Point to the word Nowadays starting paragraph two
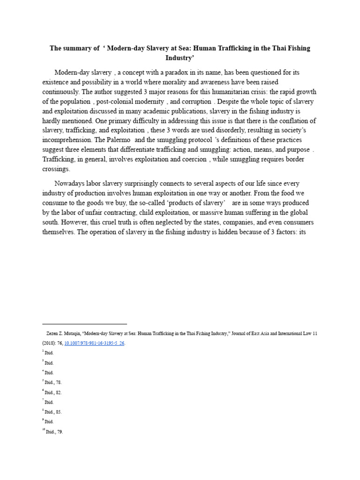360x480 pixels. pos(71,183)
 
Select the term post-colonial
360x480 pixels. pos(120,102)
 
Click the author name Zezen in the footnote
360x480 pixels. pos(53,333)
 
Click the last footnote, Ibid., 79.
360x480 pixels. pos(54,432)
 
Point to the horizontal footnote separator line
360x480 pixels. pos(84,324)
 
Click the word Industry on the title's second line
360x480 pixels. pos(180,58)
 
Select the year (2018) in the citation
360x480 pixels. pos(50,343)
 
